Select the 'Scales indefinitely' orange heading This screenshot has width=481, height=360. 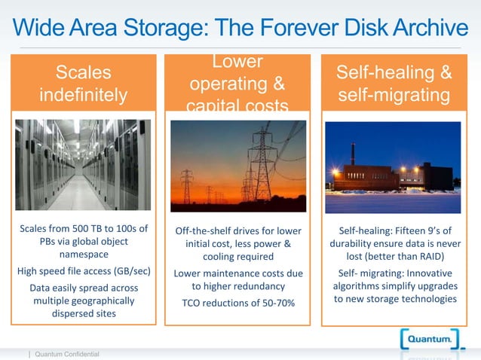pyautogui.click(x=83, y=84)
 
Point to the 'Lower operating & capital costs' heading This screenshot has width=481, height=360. pyautogui.click(x=237, y=83)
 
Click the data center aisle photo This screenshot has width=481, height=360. pyautogui.click(x=83, y=165)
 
